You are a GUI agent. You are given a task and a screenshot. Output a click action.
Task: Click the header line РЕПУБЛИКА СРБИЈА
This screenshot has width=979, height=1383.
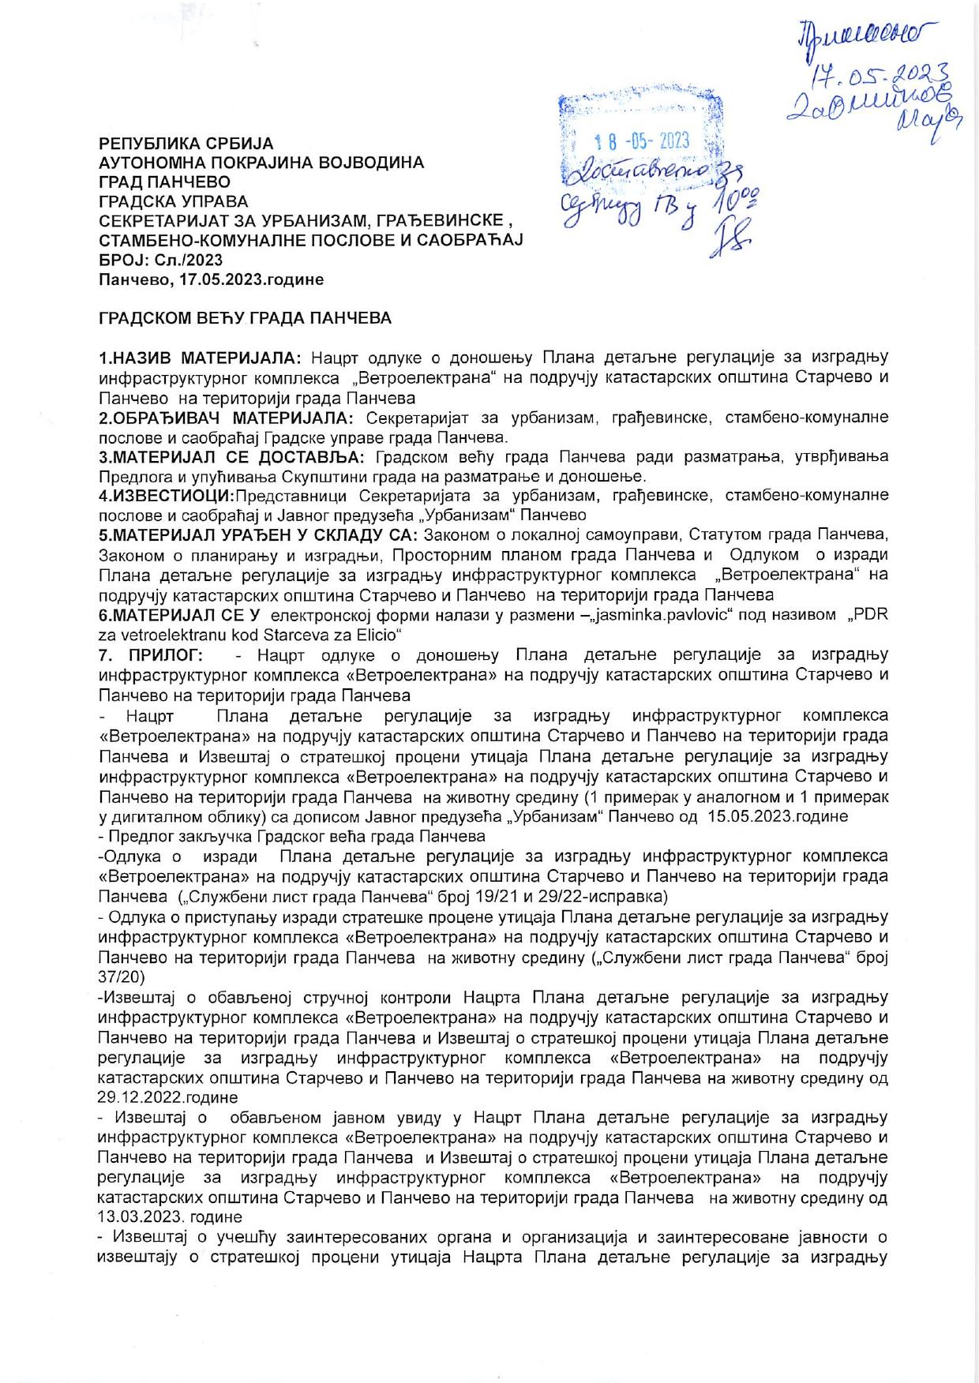(x=186, y=144)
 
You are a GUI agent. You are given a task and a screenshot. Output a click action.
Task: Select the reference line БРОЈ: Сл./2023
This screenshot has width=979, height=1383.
(x=160, y=260)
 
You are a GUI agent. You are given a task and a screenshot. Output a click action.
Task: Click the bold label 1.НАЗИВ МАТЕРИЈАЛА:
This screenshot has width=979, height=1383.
(x=203, y=358)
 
